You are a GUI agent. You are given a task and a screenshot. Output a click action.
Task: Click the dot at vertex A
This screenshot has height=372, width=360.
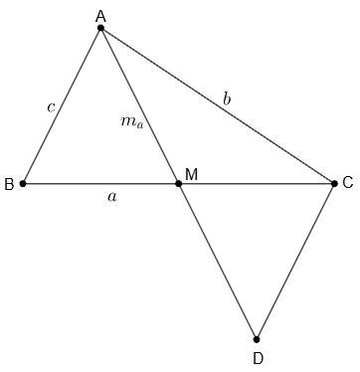pyautogui.click(x=100, y=28)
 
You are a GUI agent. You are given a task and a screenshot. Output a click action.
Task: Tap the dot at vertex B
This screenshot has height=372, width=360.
pyautogui.click(x=23, y=183)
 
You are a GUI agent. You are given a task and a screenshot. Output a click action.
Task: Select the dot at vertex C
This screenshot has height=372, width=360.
pyautogui.click(x=334, y=183)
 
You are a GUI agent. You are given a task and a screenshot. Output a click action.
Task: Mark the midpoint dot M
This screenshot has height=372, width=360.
pyautogui.click(x=178, y=183)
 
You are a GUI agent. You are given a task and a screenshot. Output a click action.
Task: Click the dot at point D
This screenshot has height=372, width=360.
pyautogui.click(x=257, y=339)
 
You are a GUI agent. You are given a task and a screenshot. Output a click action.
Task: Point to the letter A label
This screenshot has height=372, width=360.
pyautogui.click(x=100, y=16)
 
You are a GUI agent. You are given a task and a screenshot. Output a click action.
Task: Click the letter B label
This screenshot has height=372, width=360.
pyautogui.click(x=9, y=184)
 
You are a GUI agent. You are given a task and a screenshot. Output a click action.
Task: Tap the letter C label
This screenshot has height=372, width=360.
pyautogui.click(x=348, y=183)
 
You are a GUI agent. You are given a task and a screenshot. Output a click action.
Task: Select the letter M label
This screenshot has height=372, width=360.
pyautogui.click(x=192, y=174)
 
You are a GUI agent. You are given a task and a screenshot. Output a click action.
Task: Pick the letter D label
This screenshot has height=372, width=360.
pyautogui.click(x=258, y=358)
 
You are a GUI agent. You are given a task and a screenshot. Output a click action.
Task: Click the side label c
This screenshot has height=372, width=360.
pyautogui.click(x=51, y=107)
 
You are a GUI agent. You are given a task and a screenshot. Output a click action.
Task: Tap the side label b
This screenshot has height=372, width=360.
pyautogui.click(x=227, y=99)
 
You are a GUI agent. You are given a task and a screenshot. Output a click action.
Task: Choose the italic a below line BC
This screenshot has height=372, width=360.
pyautogui.click(x=112, y=197)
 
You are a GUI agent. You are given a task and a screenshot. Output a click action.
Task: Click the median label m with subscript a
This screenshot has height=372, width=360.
pyautogui.click(x=132, y=122)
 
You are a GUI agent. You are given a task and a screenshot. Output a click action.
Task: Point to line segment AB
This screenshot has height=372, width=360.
pyautogui.click(x=62, y=105)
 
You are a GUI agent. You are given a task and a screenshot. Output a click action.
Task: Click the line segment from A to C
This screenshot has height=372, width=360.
pyautogui.click(x=218, y=105)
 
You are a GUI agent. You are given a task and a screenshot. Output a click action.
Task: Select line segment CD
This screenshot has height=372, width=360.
pyautogui.click(x=295, y=262)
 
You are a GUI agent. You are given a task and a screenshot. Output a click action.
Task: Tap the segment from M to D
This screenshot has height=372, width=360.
pyautogui.click(x=217, y=262)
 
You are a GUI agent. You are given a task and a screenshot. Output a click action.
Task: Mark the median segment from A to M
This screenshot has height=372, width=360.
pyautogui.click(x=139, y=105)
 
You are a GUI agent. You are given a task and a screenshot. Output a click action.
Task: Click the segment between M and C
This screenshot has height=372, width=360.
pyautogui.click(x=257, y=183)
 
